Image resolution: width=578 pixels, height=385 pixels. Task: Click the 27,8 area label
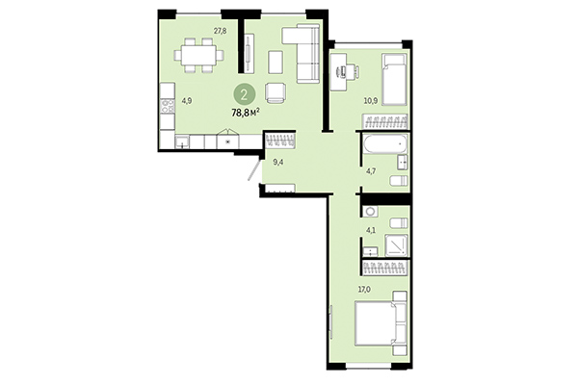click(220, 31)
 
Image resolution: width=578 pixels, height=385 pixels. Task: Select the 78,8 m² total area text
click(247, 112)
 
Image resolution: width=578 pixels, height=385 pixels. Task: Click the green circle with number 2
click(247, 93)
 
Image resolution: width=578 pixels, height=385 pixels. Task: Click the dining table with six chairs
click(200, 55)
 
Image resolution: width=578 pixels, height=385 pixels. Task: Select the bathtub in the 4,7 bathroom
click(386, 148)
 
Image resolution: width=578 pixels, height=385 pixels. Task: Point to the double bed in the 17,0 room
click(382, 325)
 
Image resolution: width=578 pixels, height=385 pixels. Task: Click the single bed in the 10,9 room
click(396, 80)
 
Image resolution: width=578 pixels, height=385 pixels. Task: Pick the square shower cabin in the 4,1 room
click(397, 245)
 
